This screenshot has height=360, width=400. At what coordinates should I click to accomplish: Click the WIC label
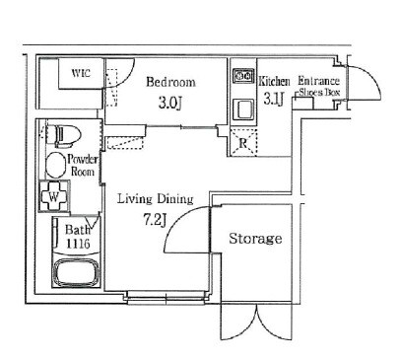pyautogui.click(x=81, y=73)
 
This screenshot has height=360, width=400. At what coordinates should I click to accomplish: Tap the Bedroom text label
pyautogui.click(x=170, y=82)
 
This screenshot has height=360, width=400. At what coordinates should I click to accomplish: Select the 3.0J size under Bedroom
pyautogui.click(x=170, y=103)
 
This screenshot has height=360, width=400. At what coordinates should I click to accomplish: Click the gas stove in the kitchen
pyautogui.click(x=243, y=76)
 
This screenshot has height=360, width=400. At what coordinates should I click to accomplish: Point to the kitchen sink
pyautogui.click(x=243, y=109)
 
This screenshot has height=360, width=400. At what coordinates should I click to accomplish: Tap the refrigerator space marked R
pyautogui.click(x=243, y=143)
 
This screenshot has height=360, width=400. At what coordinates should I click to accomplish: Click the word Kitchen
pyautogui.click(x=274, y=81)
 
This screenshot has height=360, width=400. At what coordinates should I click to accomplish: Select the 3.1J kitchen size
pyautogui.click(x=273, y=99)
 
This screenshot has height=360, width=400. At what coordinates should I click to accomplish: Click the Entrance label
pyautogui.click(x=318, y=81)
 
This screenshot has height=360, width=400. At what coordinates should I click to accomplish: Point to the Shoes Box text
pyautogui.click(x=319, y=93)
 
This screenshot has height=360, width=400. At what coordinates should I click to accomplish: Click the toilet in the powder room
pyautogui.click(x=64, y=135)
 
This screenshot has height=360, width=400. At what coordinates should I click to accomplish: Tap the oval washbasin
pyautogui.click(x=56, y=165)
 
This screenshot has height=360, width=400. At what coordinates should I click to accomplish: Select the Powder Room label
pyautogui.click(x=83, y=166)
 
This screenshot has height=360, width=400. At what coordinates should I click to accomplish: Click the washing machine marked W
pyautogui.click(x=54, y=196)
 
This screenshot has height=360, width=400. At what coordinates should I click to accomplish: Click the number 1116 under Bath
pyautogui.click(x=78, y=244)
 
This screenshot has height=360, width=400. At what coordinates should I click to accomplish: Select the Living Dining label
pyautogui.click(x=156, y=199)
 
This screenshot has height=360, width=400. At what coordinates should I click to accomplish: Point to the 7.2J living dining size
pyautogui.click(x=154, y=219)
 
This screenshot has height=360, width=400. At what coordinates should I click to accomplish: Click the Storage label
pyautogui.click(x=255, y=239)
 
